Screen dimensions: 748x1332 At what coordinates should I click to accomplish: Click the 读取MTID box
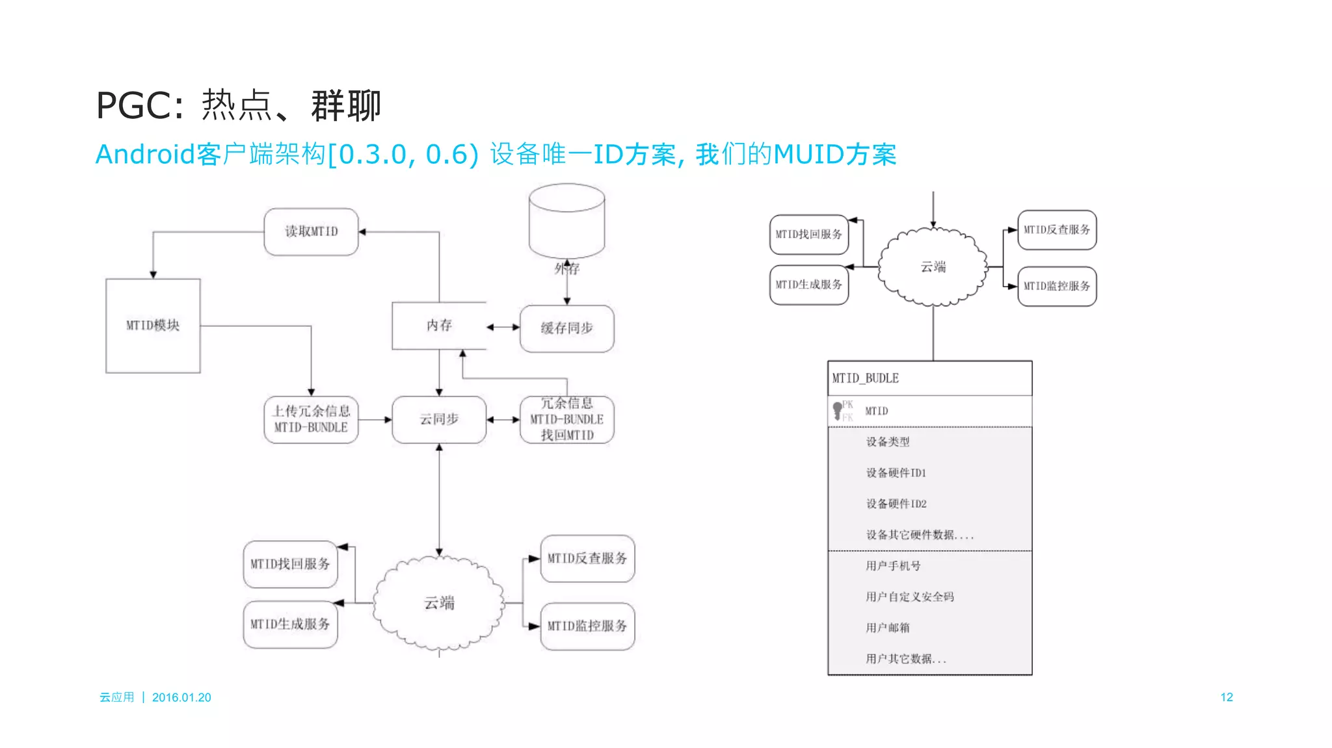coord(311,231)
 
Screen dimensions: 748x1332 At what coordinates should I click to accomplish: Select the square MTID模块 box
coord(153,326)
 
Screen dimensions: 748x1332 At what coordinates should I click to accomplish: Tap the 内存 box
coord(439,326)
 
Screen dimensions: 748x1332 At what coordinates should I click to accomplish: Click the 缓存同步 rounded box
coord(566,328)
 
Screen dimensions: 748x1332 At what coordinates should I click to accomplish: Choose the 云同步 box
coord(439,419)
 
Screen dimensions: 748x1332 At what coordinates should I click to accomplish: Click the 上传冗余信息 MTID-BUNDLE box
coord(311,419)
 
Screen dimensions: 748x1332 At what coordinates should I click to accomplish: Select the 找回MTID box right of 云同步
coord(566,419)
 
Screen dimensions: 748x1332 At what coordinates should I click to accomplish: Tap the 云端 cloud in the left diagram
coord(439,603)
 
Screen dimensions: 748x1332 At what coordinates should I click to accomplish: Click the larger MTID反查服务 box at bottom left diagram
coord(587,558)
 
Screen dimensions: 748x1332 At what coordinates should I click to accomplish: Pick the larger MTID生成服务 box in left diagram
coord(290,624)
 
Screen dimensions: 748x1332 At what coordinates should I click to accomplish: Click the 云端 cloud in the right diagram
coord(933,266)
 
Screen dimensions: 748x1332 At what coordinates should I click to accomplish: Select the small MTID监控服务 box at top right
coord(1056,286)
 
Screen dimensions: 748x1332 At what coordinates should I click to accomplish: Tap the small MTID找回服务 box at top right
coord(808,234)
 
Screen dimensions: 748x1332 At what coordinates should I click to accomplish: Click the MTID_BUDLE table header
coord(929,378)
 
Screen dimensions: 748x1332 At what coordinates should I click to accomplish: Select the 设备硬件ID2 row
coord(896,504)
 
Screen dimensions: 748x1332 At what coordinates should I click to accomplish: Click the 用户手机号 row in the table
coord(893,565)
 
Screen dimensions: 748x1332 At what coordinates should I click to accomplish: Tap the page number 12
coord(1226,697)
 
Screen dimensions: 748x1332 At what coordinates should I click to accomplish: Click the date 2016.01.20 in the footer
coord(181,697)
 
